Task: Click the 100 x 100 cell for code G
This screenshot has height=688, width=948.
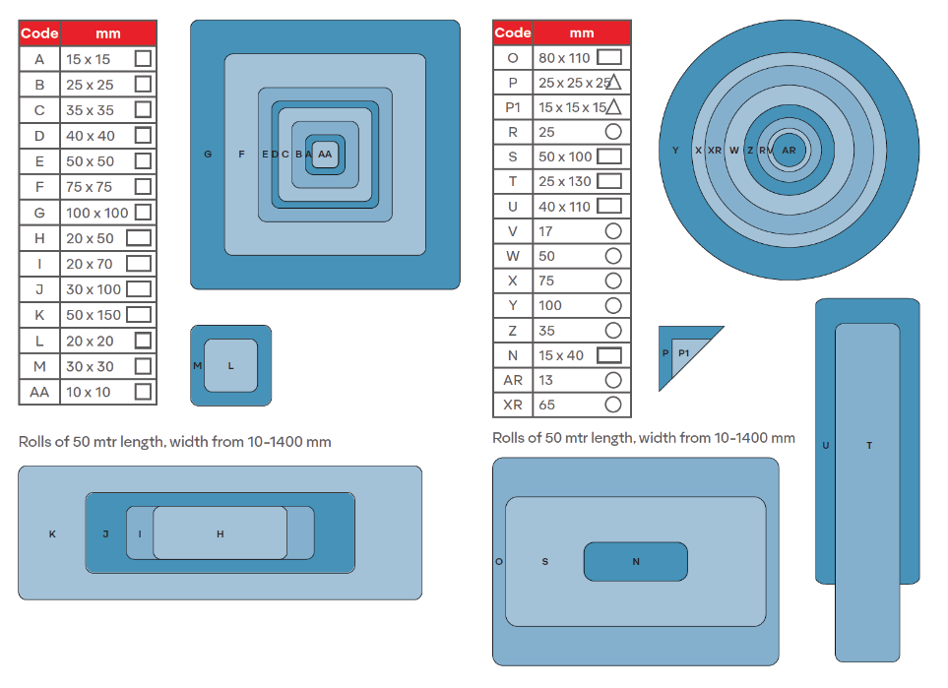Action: (108, 213)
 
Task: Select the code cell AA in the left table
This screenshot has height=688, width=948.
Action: (39, 392)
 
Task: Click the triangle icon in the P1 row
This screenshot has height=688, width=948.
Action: (613, 107)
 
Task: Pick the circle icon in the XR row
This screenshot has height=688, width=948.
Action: (613, 405)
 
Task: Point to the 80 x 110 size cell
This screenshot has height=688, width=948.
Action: (582, 57)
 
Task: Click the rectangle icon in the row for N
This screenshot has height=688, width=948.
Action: (609, 355)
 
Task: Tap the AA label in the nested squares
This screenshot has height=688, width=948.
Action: (325, 155)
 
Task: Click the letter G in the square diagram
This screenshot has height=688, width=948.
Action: (208, 155)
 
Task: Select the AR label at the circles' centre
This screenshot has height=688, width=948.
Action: (789, 150)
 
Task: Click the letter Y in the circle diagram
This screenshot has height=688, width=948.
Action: (675, 150)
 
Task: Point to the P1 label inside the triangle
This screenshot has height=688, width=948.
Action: (684, 353)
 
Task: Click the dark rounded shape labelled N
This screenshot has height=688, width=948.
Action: (635, 562)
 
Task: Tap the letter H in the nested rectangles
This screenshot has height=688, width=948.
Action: (221, 533)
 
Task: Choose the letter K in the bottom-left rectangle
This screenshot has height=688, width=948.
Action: (52, 533)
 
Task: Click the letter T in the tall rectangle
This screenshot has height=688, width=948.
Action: (869, 446)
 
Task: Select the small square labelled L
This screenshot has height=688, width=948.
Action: (231, 366)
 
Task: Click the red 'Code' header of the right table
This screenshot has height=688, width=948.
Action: (513, 32)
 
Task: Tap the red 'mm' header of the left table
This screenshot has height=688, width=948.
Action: (108, 33)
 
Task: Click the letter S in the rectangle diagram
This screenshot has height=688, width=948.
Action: (544, 562)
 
